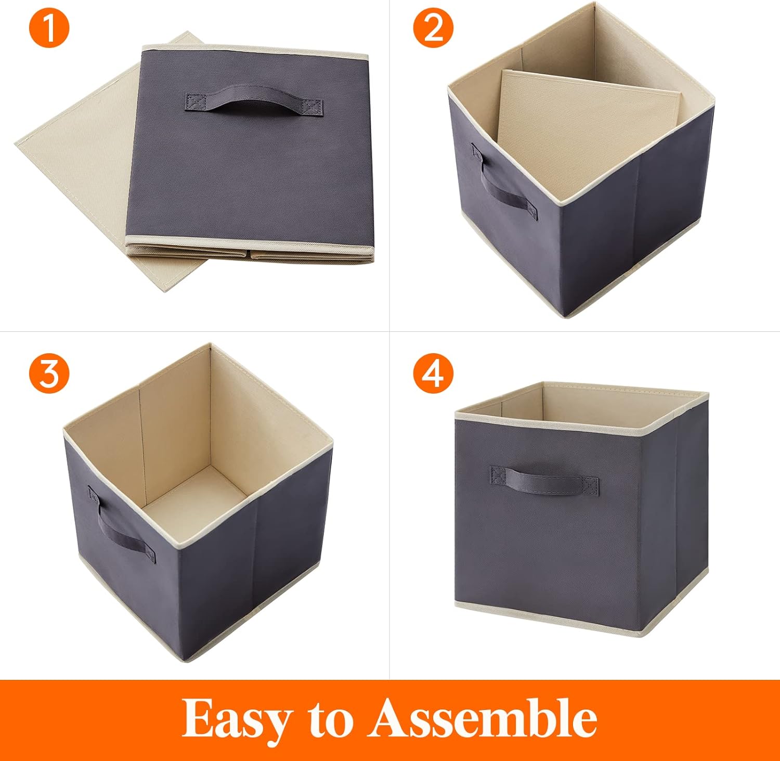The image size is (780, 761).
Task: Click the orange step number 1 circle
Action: click(49, 29)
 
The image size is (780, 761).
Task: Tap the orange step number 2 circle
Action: click(433, 29)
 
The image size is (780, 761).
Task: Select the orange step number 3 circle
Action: click(49, 373)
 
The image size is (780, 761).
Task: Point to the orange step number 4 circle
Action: click(433, 373)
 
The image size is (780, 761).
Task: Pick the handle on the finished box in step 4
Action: click(544, 481)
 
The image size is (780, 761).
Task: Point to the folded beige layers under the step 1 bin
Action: click(250, 252)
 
